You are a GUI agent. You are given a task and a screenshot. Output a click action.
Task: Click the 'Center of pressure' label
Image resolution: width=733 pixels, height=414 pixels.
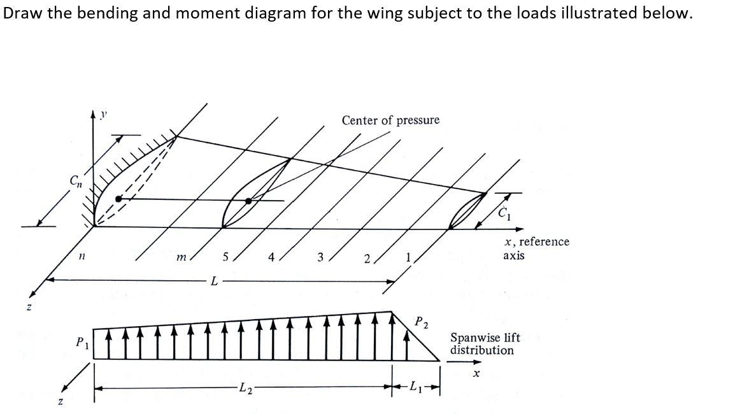pos(390,120)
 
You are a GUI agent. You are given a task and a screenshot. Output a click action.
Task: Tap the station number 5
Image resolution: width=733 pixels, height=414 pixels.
pos(225,257)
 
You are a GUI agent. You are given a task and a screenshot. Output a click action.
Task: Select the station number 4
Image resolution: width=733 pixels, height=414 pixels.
pos(272,257)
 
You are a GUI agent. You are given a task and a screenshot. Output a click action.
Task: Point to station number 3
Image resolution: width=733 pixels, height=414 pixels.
pos(320,257)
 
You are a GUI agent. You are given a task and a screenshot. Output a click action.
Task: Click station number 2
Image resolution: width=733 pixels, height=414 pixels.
pos(367,258)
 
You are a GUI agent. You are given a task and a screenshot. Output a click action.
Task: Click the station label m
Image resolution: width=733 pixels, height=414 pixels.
pos(181,257)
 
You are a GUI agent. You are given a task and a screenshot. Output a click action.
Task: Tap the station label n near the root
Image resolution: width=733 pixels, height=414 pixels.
pos(82,257)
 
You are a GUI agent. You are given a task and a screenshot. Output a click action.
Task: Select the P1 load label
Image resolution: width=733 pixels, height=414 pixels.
pos(81,343)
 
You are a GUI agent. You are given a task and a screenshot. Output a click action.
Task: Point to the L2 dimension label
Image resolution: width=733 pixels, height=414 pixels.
pos(245,387)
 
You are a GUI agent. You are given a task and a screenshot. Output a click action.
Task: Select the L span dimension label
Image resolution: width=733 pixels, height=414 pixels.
pos(215,281)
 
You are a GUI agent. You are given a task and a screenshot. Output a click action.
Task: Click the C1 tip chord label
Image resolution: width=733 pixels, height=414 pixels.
pos(502,213)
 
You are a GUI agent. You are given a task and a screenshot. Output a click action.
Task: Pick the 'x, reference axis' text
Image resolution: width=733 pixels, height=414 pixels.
pos(536,248)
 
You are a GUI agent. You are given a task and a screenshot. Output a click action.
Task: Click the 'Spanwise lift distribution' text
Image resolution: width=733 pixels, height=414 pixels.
pos(485,344)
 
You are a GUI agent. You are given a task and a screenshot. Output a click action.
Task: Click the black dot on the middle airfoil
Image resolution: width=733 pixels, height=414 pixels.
pos(248,201)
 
